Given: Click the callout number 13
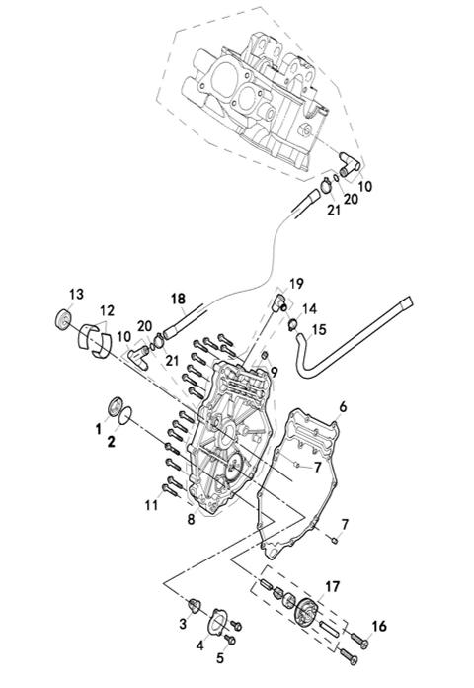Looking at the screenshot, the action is tap(76, 294).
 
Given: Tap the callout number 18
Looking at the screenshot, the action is tap(178, 299).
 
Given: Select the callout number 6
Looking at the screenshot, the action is tap(343, 406).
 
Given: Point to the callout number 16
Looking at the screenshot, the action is tap(379, 626).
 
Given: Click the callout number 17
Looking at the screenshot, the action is tap(333, 586).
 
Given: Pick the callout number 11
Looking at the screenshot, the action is tap(151, 505).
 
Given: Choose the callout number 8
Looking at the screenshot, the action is tap(191, 520).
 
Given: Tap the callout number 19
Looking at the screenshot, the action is tap(297, 284).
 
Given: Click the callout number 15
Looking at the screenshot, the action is tap(319, 329).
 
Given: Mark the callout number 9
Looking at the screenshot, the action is tap(275, 373).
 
